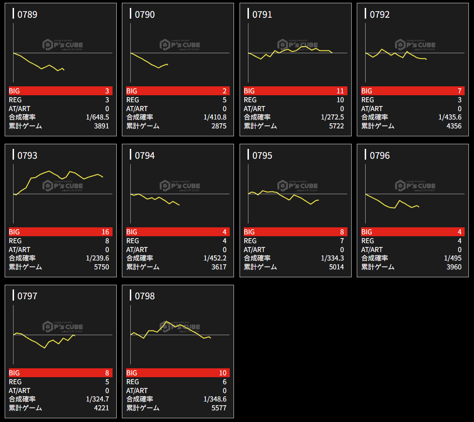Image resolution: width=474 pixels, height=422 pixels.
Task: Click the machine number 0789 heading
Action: pyautogui.click(x=27, y=14)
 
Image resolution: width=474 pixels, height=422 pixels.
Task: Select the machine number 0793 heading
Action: pyautogui.click(x=27, y=155)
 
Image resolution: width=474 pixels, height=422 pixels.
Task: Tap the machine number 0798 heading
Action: pyautogui.click(x=145, y=296)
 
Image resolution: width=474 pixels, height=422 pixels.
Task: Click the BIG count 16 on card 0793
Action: pyautogui.click(x=105, y=232)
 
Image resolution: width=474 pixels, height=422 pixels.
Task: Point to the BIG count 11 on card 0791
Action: pyautogui.click(x=340, y=91)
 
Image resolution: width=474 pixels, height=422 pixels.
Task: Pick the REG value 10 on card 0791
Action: pyautogui.click(x=340, y=100)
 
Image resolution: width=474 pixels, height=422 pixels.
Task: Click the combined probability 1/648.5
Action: pyautogui.click(x=98, y=117)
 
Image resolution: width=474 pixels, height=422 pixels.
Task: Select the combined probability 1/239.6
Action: pyautogui.click(x=98, y=258)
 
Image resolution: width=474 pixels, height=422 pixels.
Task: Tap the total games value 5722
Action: pyautogui.click(x=336, y=126)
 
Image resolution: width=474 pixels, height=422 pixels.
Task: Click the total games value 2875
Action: pyautogui.click(x=219, y=126)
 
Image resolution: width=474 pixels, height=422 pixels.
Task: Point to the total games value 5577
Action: pyautogui.click(x=219, y=408)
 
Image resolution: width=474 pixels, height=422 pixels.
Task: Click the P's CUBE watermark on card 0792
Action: pyautogui.click(x=415, y=45)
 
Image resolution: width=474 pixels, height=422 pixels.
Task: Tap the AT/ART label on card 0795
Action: pyautogui.click(x=255, y=250)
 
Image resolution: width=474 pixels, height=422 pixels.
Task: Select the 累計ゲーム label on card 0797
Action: pyautogui.click(x=25, y=408)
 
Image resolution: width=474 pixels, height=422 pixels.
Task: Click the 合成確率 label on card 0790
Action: pyautogui.click(x=140, y=117)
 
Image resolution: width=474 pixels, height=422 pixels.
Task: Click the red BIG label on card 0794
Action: pyautogui.click(x=132, y=232)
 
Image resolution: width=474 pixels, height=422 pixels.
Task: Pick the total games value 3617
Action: pyautogui.click(x=219, y=267)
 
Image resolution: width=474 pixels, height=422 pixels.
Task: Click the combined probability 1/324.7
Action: pyautogui.click(x=98, y=399)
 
